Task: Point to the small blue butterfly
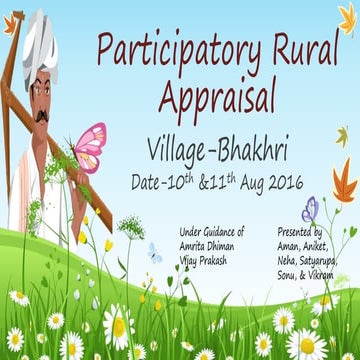coord(153,252)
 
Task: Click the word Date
coord(148,184)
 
